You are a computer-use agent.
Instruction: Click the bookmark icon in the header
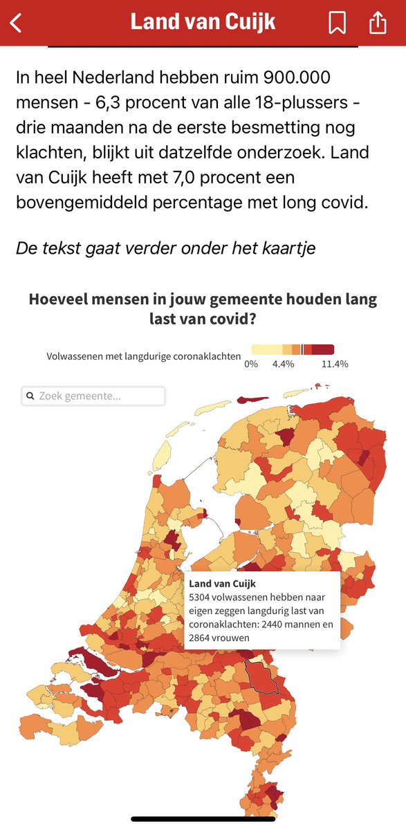(337, 22)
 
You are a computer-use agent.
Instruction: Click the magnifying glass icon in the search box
(30, 396)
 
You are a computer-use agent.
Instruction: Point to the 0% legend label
(251, 364)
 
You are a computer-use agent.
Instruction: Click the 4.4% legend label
(284, 364)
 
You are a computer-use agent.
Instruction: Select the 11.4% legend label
(335, 364)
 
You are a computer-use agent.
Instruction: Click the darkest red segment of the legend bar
(324, 349)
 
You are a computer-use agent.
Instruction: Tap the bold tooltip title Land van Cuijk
(222, 584)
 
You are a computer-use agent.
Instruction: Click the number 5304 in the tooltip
(201, 596)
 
